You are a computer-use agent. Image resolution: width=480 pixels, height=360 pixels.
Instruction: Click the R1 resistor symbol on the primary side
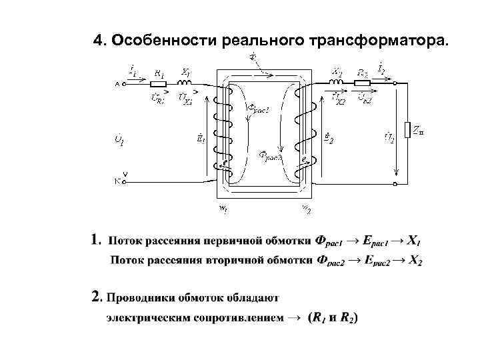point(159,84)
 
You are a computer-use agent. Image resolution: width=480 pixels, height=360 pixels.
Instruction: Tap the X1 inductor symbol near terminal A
point(185,83)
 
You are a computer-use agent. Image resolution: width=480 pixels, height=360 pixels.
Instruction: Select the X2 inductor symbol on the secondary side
point(337,81)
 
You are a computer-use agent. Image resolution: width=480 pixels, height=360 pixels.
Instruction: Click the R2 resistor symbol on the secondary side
point(363,83)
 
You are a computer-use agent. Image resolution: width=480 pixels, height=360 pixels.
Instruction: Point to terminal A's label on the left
point(117,85)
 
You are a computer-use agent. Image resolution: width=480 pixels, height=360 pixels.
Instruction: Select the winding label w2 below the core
point(306,209)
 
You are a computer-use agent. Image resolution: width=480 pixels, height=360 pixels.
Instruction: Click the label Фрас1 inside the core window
point(259,109)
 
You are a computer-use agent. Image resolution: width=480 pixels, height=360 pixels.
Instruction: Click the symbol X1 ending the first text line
point(413,239)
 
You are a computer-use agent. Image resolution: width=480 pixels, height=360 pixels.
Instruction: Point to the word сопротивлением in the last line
point(237,318)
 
